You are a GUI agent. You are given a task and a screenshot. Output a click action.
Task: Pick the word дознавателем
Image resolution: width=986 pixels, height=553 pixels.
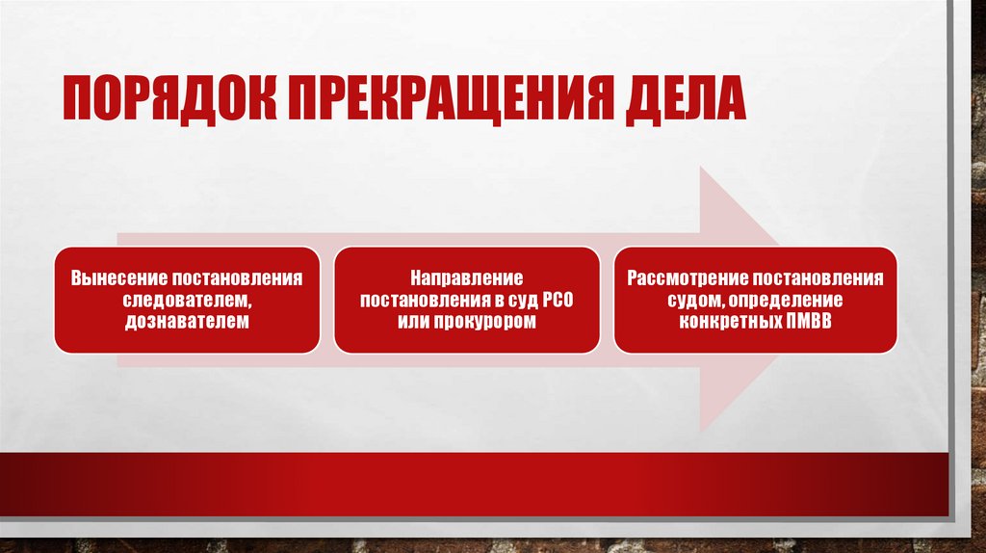186,321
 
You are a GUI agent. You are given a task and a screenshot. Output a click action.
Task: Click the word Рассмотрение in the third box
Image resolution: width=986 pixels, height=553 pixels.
689,278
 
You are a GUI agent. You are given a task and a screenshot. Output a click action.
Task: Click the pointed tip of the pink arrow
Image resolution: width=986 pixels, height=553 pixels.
781,300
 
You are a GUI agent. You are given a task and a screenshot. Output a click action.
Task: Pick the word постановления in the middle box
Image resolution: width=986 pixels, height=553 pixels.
420,300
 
